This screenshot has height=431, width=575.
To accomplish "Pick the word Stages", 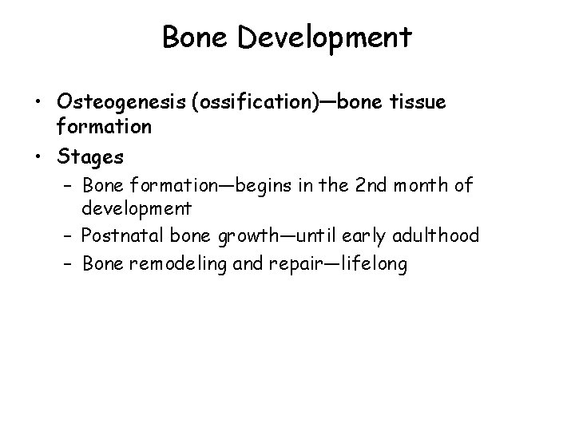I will point(90,158).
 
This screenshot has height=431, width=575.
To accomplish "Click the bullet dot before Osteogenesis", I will point(39,102).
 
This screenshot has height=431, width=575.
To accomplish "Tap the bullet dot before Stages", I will point(39,158).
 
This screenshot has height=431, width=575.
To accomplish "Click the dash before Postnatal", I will point(68,235).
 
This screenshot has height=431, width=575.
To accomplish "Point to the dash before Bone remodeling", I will point(68,263).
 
